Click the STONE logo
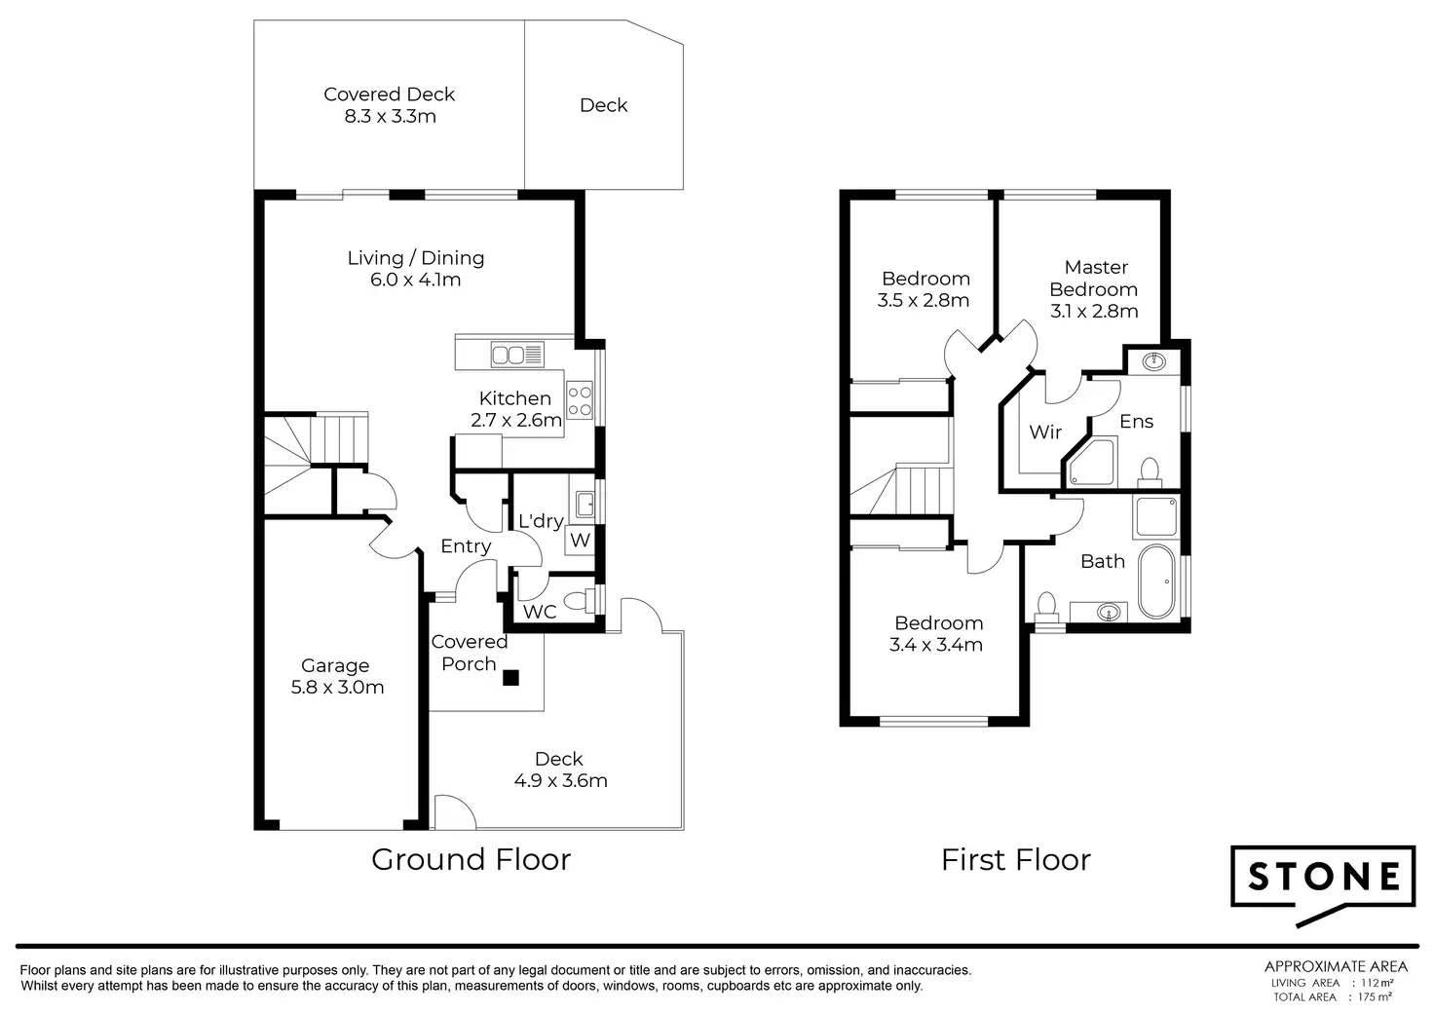click(x=1323, y=885)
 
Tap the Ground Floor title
click(x=472, y=859)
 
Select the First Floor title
click(x=1016, y=860)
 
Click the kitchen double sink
click(x=517, y=355)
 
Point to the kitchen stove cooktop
click(x=580, y=400)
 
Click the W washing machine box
click(x=580, y=540)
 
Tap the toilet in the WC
click(x=579, y=600)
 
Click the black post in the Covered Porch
click(x=510, y=678)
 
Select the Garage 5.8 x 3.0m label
click(x=337, y=676)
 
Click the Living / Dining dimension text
click(x=415, y=280)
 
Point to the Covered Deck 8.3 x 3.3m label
click(x=390, y=105)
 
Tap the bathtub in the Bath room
click(x=1156, y=582)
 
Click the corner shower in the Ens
click(x=1091, y=462)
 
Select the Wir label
click(x=1045, y=431)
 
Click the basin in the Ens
click(x=1153, y=363)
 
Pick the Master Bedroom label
click(x=1094, y=288)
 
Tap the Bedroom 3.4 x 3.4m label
click(x=936, y=633)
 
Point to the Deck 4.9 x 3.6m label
click(x=560, y=769)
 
